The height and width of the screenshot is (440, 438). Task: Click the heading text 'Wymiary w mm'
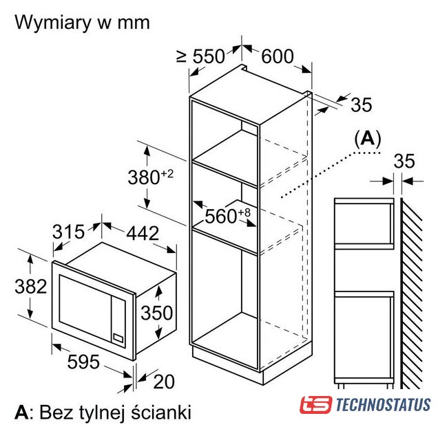pyautogui.click(x=82, y=23)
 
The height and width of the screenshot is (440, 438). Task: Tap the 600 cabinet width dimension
pyautogui.click(x=278, y=56)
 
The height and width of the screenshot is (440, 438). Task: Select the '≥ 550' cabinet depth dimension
pyautogui.click(x=200, y=56)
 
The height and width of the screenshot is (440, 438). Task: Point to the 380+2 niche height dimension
pyautogui.click(x=150, y=177)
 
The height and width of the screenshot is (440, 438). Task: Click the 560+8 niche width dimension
pyautogui.click(x=227, y=216)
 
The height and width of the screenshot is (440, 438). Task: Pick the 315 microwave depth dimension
pyautogui.click(x=69, y=232)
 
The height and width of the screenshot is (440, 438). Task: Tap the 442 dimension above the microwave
pyautogui.click(x=143, y=233)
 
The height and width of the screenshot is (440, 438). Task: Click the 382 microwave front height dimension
pyautogui.click(x=30, y=287)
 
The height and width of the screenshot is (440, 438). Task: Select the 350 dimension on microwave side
pyautogui.click(x=156, y=313)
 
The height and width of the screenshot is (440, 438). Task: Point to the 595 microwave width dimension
pyautogui.click(x=83, y=362)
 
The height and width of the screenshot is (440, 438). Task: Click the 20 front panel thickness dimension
pyautogui.click(x=164, y=382)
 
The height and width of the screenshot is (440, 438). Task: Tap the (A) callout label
pyautogui.click(x=368, y=139)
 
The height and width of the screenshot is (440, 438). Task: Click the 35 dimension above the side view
pyautogui.click(x=404, y=161)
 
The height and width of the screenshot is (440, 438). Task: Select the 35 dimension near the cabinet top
pyautogui.click(x=362, y=104)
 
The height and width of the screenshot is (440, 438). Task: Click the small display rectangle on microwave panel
pyautogui.click(x=118, y=338)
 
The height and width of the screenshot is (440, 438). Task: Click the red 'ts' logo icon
pyautogui.click(x=316, y=404)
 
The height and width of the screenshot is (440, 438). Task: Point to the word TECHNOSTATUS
pyautogui.click(x=383, y=405)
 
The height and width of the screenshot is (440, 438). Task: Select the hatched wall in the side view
pyautogui.click(x=412, y=294)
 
